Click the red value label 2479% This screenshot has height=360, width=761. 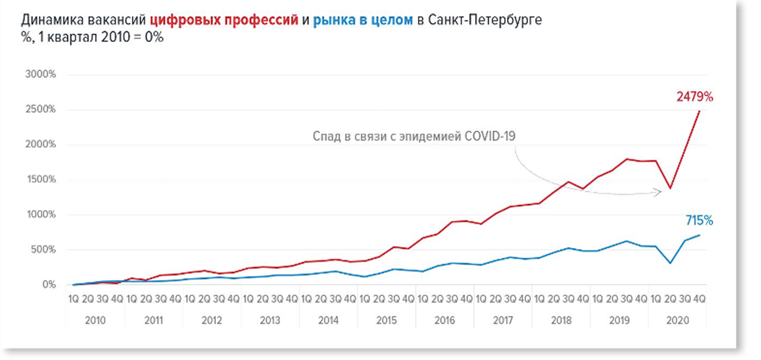click(x=695, y=97)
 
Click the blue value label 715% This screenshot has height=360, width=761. click(x=699, y=221)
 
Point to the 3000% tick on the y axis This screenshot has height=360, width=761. click(x=41, y=75)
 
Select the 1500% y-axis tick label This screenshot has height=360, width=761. click(x=41, y=180)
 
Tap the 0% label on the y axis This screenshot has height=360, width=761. click(x=49, y=285)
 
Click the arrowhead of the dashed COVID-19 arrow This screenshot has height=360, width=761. click(x=659, y=192)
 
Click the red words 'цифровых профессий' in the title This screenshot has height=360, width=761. click(x=224, y=21)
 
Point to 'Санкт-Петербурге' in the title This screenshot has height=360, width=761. click(x=484, y=21)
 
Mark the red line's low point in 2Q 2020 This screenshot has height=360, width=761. click(x=670, y=189)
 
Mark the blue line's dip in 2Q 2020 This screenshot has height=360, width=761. click(x=670, y=263)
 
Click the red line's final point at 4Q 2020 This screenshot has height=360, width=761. click(x=699, y=110)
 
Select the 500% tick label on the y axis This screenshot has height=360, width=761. click(x=43, y=250)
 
